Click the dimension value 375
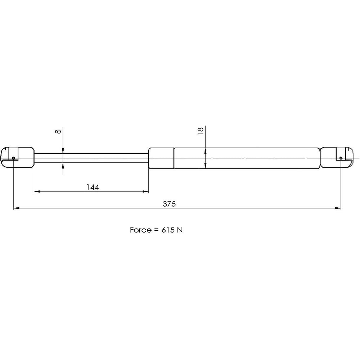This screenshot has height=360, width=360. pyautogui.click(x=169, y=204)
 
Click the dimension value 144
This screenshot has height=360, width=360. pyautogui.click(x=93, y=187)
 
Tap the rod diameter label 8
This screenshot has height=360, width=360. pyautogui.click(x=58, y=131)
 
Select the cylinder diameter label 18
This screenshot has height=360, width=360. pyautogui.click(x=201, y=131)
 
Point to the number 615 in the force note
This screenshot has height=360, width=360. pyautogui.click(x=168, y=230)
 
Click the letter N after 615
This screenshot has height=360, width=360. pyautogui.click(x=180, y=230)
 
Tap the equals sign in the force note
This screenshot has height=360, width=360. pyautogui.click(x=156, y=230)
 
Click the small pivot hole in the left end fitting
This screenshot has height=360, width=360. pyautogui.click(x=13, y=158)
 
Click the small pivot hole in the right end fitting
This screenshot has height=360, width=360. pyautogui.click(x=341, y=158)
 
